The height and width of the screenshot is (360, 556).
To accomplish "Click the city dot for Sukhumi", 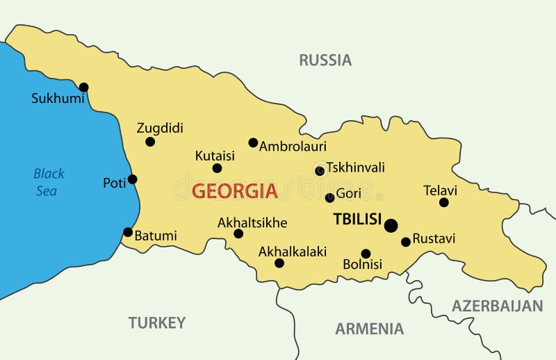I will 84,87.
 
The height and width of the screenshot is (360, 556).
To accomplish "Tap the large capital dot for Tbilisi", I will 391,225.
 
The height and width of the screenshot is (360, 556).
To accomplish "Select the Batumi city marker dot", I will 128,232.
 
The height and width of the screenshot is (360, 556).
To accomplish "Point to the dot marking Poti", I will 133,179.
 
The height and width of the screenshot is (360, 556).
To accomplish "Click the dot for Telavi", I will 444,202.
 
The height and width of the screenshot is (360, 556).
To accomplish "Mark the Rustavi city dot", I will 406,242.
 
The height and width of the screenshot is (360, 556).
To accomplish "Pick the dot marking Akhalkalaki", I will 279,263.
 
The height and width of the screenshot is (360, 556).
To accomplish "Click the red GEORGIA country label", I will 234,191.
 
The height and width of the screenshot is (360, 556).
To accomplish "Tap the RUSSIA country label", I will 325,60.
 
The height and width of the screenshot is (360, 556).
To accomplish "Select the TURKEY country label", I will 157,322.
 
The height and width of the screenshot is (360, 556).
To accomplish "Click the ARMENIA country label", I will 369,329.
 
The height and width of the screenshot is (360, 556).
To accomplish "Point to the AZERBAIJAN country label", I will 497,306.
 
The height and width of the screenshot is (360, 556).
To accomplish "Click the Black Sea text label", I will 49,182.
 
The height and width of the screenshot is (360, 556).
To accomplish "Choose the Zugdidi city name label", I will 160,128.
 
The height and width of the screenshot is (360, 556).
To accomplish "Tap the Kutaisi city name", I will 215,155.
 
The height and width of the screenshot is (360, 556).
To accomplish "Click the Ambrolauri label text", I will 293,147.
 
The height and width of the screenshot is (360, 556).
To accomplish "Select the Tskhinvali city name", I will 355,167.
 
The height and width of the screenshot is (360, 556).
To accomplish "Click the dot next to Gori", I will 330,198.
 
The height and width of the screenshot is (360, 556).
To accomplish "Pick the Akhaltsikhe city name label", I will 252,222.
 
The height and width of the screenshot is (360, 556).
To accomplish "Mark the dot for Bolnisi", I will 366,254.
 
